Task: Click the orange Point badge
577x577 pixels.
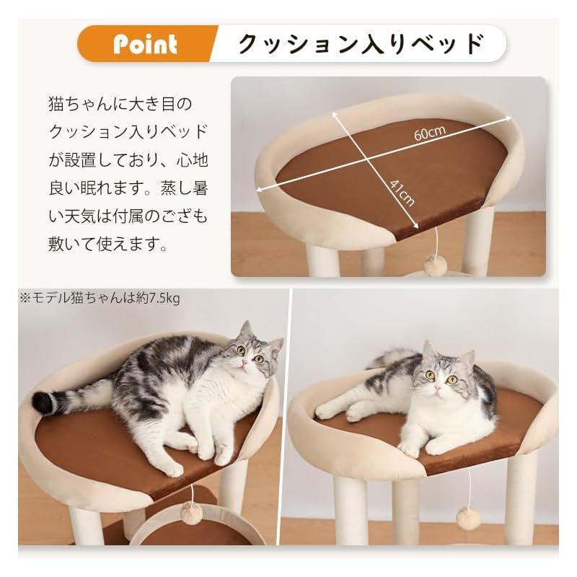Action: click(x=145, y=45)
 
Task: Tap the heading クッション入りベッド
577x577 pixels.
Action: click(x=360, y=44)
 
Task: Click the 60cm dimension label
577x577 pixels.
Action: click(x=431, y=133)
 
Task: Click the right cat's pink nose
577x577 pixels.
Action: click(x=436, y=389)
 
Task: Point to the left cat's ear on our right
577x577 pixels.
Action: click(x=275, y=344)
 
